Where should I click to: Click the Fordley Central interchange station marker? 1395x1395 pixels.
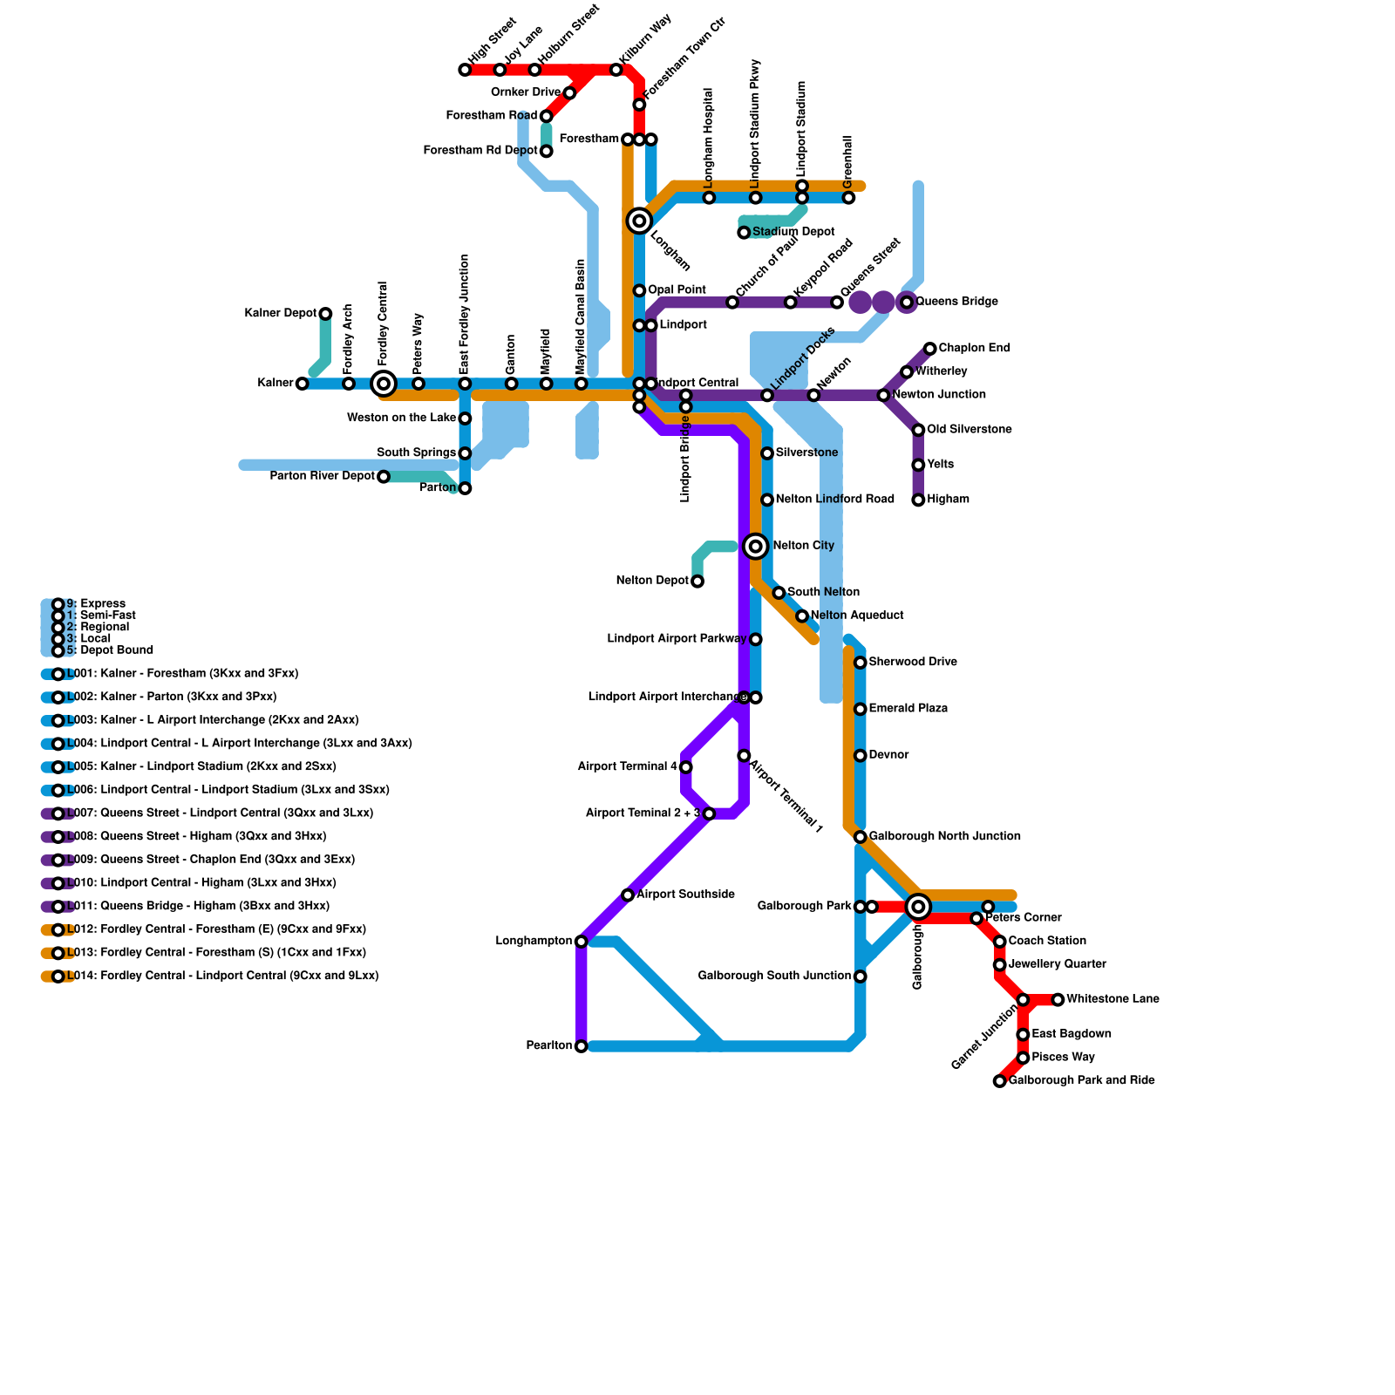click(384, 384)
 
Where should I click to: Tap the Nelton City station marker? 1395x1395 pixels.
click(756, 547)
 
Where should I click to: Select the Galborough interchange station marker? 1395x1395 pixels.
click(918, 907)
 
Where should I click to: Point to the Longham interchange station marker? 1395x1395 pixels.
click(639, 221)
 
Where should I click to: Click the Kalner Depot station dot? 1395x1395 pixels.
click(325, 314)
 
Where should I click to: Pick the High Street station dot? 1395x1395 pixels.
click(465, 70)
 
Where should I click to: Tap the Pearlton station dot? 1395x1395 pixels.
click(582, 1046)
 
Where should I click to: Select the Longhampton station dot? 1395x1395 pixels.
click(582, 942)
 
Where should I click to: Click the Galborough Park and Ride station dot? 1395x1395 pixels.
click(1000, 1081)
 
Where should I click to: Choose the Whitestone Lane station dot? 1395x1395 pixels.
click(1058, 1000)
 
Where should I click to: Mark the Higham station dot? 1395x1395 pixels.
click(918, 500)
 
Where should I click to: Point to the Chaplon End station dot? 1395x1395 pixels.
click(930, 349)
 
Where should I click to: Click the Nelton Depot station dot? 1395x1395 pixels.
click(697, 582)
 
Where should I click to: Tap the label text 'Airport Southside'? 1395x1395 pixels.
click(685, 895)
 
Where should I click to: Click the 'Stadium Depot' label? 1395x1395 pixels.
click(793, 232)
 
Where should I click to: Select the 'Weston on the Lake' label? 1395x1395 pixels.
click(401, 418)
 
